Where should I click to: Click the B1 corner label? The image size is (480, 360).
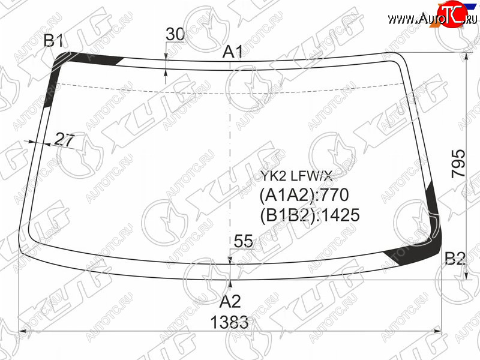(53, 40)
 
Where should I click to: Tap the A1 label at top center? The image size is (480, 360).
(232, 52)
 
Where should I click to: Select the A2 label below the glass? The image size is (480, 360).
(230, 302)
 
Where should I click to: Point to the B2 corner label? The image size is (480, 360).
(455, 259)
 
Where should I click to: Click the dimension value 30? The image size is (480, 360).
(175, 34)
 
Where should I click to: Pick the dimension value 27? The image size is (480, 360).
(64, 140)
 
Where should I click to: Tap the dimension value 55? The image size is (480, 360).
(244, 241)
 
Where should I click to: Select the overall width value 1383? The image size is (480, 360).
(229, 322)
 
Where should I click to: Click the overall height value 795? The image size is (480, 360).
(458, 163)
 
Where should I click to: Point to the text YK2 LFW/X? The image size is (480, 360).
(296, 176)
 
